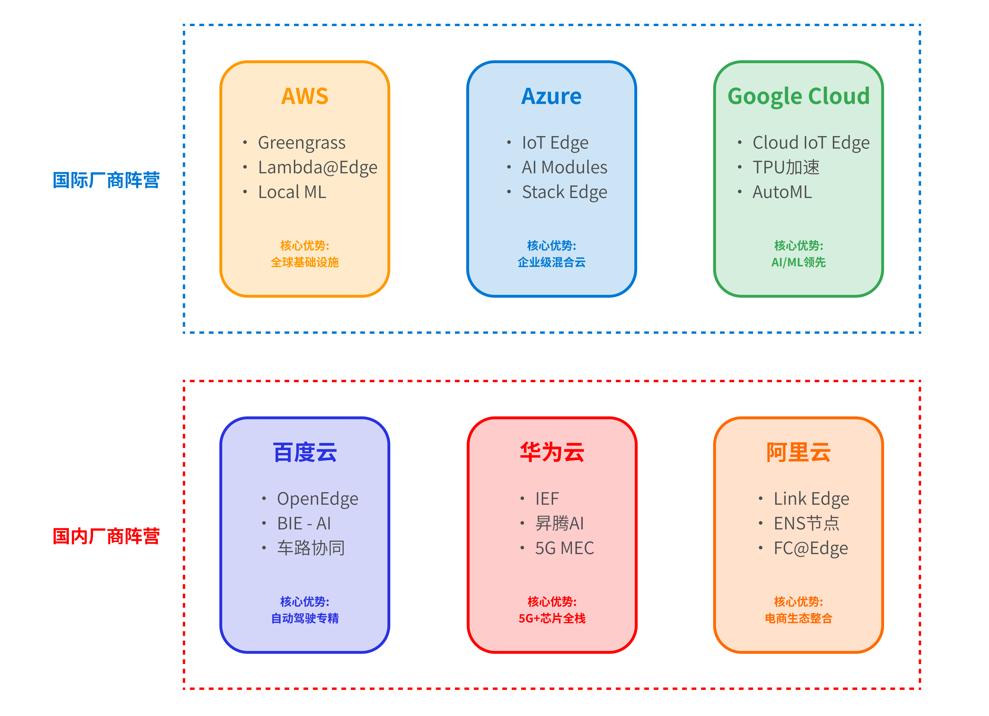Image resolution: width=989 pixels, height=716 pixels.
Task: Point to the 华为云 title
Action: pyautogui.click(x=552, y=452)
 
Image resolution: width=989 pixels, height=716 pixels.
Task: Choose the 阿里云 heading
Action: pyautogui.click(x=798, y=452)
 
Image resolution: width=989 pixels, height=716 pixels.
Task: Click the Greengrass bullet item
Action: pyautogui.click(x=302, y=143)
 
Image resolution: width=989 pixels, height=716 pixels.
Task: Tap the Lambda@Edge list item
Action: pyautogui.click(x=317, y=167)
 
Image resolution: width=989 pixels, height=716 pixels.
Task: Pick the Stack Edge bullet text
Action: pyautogui.click(x=564, y=192)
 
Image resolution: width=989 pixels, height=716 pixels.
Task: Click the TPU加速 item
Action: pyautogui.click(x=786, y=167)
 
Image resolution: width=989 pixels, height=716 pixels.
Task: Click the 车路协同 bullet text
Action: pyautogui.click(x=311, y=548)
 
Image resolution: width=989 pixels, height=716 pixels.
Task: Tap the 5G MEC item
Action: pyautogui.click(x=564, y=548)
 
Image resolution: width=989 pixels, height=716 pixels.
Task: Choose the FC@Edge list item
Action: pyautogui.click(x=811, y=548)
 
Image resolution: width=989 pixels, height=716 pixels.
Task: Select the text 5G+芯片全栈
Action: pyautogui.click(x=552, y=618)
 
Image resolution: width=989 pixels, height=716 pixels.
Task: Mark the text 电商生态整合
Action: pyautogui.click(x=798, y=618)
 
